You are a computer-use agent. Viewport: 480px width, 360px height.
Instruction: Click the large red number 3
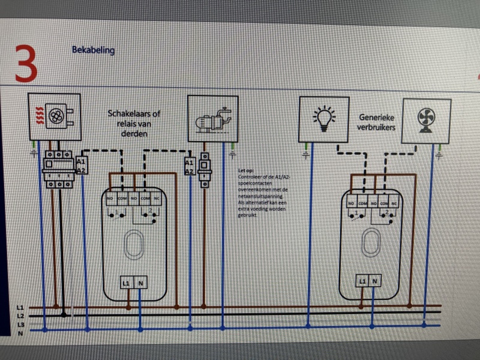(x=26, y=63)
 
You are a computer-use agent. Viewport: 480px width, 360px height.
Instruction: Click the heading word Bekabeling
(x=93, y=50)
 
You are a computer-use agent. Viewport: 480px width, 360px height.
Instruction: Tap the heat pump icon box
(x=55, y=116)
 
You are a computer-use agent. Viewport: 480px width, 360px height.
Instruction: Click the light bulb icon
(x=324, y=118)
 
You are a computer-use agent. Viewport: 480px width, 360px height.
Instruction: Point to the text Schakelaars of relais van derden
(x=134, y=123)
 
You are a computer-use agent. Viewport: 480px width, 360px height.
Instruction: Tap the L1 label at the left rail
(x=20, y=307)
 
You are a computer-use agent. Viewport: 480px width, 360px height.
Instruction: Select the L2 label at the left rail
(x=20, y=315)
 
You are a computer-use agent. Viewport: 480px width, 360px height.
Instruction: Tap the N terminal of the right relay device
(x=375, y=280)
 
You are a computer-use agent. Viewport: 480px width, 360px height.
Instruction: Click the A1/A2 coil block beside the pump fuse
(x=189, y=167)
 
